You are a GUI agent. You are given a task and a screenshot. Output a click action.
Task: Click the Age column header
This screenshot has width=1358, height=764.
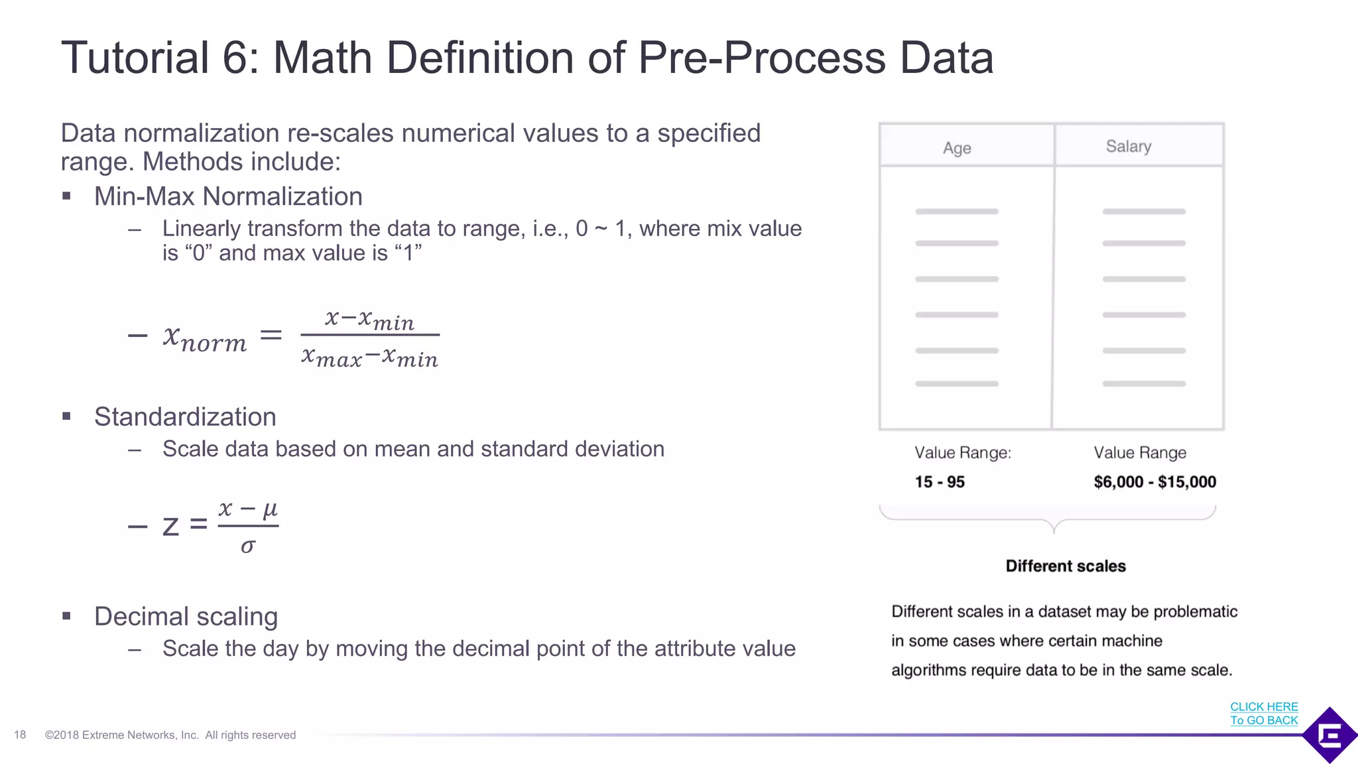[957, 148]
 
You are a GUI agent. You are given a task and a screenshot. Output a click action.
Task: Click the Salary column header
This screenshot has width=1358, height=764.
[1128, 147]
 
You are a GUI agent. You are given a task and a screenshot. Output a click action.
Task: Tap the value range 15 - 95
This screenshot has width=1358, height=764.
[940, 482]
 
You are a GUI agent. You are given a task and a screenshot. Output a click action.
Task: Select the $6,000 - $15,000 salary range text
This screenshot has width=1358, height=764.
[1154, 482]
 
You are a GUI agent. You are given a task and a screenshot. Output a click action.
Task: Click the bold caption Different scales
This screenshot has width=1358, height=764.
[1066, 566]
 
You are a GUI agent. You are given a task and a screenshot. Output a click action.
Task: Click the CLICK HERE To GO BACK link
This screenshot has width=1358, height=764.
[1264, 714]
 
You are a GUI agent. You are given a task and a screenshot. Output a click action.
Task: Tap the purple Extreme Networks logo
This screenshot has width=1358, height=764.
[1329, 735]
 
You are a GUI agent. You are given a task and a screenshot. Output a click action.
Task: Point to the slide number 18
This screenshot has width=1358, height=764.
[20, 735]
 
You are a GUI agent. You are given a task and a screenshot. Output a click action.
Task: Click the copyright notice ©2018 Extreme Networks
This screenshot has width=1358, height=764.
[170, 735]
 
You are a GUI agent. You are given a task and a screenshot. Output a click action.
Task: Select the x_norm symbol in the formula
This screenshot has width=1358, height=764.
[205, 338]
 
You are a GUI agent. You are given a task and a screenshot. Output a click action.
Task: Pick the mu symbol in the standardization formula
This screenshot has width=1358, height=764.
[270, 509]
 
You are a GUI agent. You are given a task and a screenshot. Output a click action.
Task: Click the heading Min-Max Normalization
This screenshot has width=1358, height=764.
[228, 196]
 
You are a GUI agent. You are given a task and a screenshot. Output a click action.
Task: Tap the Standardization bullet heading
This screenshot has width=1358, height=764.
[185, 416]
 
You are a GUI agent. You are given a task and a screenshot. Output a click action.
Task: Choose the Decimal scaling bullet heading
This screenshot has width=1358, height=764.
[186, 616]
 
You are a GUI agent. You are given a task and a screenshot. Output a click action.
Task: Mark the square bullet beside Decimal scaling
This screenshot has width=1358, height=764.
[66, 616]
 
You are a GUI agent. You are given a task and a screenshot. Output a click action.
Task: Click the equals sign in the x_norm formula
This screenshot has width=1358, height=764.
[271, 335]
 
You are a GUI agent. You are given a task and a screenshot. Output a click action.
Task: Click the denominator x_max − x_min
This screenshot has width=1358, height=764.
[369, 357]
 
